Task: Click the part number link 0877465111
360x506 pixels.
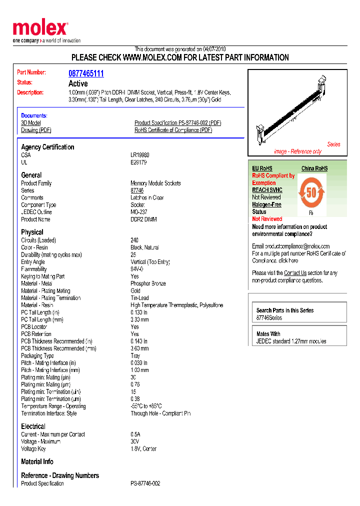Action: (86, 73)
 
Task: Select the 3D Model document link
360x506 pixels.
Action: (31, 123)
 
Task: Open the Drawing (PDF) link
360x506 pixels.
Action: (36, 130)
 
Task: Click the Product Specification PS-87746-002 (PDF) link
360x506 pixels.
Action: (177, 123)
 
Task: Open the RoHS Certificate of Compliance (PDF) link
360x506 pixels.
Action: (173, 130)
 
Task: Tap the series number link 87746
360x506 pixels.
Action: (137, 190)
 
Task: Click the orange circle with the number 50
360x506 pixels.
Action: (311, 192)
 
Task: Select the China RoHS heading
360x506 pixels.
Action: (314, 168)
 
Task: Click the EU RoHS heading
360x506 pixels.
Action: (262, 168)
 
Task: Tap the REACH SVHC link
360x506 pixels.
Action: (267, 190)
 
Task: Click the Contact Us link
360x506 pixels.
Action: (295, 273)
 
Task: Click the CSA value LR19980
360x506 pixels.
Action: (139, 155)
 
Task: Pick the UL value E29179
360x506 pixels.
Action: (138, 162)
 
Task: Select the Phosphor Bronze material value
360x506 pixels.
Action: (148, 283)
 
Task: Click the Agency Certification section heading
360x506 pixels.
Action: (47, 147)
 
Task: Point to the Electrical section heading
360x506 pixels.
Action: (33, 426)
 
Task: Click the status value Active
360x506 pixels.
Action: (78, 83)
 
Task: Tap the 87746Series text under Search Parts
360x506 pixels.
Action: (269, 318)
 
